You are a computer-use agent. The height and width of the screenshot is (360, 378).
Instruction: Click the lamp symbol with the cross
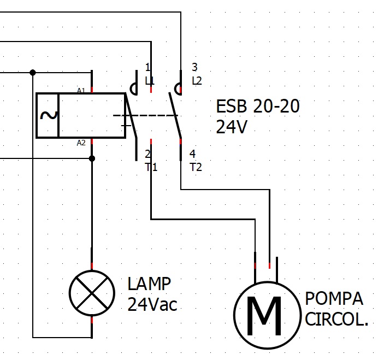(92, 293)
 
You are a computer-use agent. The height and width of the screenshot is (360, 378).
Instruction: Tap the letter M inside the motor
(264, 316)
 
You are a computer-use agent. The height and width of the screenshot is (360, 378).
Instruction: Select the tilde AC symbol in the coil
(48, 115)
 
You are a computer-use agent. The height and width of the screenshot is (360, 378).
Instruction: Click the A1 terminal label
(81, 90)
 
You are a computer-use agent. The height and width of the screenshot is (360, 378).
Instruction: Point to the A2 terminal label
(81, 143)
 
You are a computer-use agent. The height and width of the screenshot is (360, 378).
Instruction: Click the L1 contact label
(150, 81)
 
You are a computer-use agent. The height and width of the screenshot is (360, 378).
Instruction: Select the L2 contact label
(197, 81)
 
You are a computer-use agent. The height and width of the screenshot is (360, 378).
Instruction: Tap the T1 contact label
(151, 167)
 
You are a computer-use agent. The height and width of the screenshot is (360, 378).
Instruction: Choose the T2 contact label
(196, 167)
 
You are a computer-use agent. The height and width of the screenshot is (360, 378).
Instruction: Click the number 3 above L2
(194, 67)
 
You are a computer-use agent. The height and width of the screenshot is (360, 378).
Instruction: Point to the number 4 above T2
(193, 154)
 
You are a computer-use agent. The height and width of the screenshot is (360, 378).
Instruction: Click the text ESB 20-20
(258, 107)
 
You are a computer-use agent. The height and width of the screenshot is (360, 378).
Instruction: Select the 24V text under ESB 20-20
(232, 127)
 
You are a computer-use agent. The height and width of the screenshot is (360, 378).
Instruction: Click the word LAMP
(149, 284)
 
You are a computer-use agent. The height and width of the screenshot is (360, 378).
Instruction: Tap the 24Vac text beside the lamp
(152, 304)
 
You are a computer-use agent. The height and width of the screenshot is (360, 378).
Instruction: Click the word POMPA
(334, 298)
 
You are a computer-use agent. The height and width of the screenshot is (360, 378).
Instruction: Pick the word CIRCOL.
(336, 319)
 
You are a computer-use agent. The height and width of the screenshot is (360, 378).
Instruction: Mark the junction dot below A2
(92, 158)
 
